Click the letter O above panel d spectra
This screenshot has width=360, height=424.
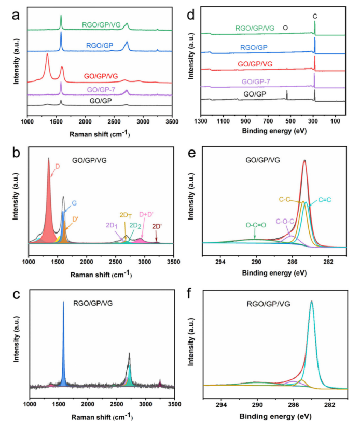[284, 28]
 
